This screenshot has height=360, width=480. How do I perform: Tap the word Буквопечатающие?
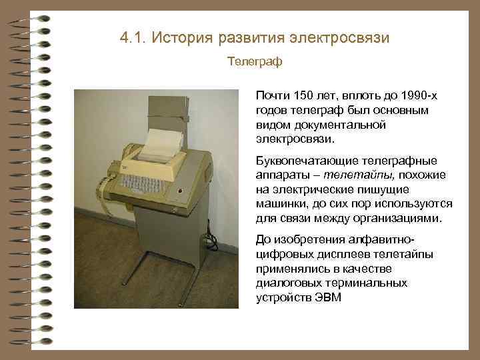(x=307, y=162)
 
